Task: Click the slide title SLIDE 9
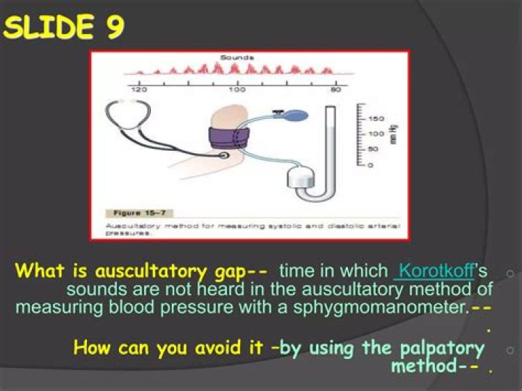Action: click(x=64, y=28)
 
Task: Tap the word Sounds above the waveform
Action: click(x=237, y=57)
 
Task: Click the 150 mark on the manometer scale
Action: click(x=375, y=118)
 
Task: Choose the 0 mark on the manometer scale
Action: click(x=370, y=165)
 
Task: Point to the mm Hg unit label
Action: click(x=393, y=134)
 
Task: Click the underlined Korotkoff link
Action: click(x=434, y=272)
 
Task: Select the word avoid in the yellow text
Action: click(x=214, y=347)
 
